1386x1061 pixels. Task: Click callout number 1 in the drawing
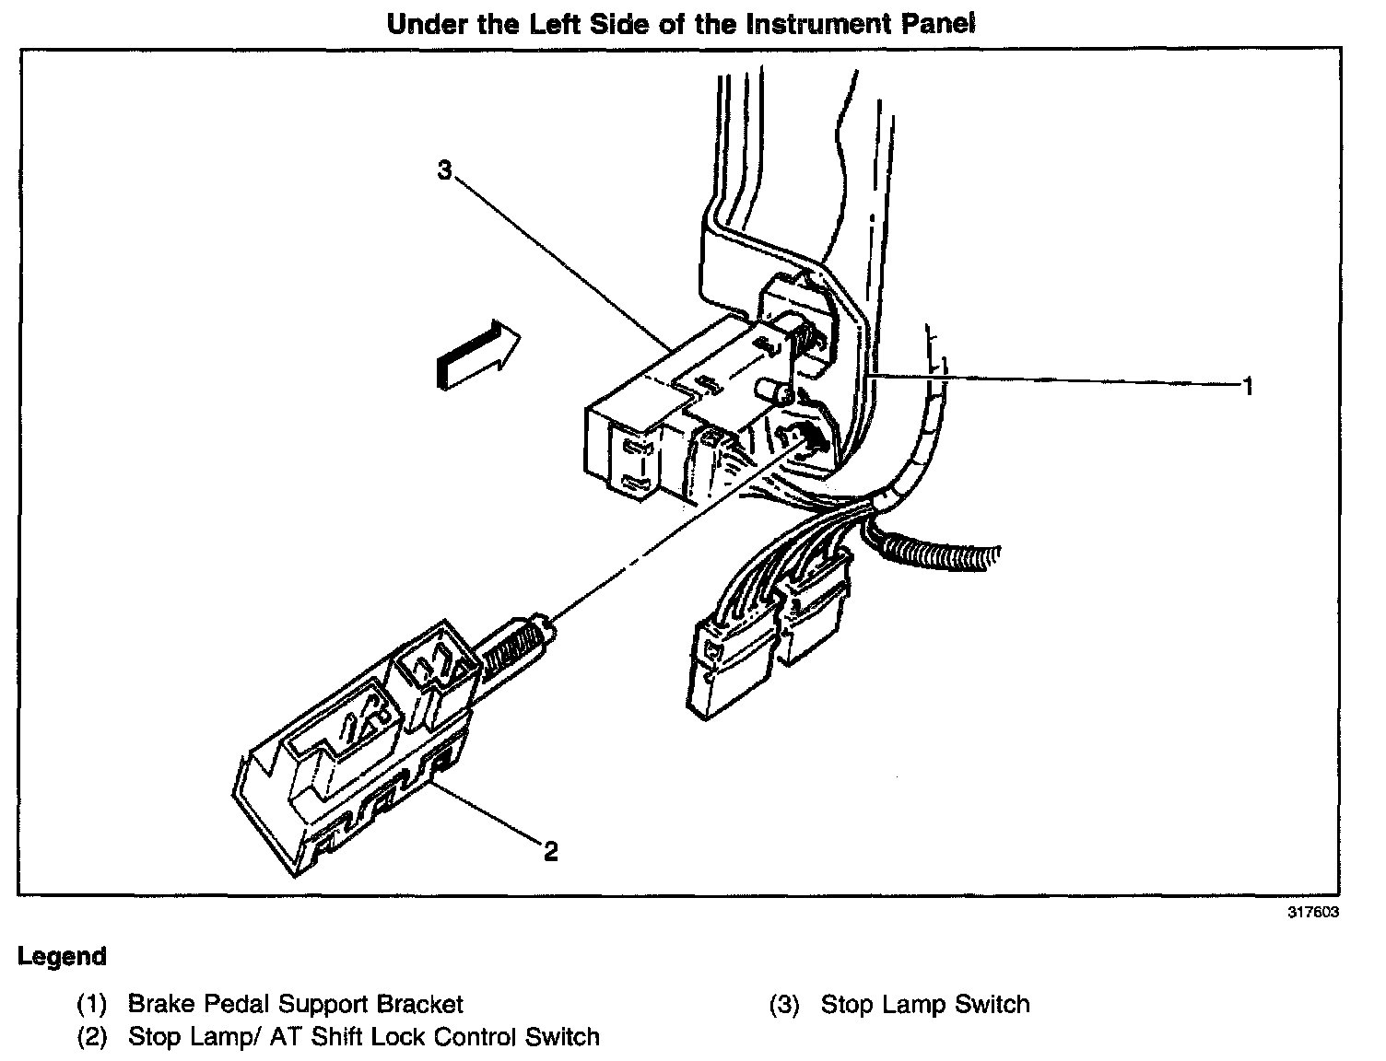tap(1248, 387)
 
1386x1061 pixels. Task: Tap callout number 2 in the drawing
tap(550, 852)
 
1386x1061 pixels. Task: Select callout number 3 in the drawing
tap(445, 170)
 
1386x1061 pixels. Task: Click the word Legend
tap(62, 957)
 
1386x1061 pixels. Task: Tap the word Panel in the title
tap(935, 24)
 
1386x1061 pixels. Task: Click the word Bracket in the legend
tap(420, 1004)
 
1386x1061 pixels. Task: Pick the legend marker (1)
tap(92, 1004)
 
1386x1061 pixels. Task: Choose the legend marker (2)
tap(92, 1037)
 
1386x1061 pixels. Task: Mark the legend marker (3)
tap(785, 1004)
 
